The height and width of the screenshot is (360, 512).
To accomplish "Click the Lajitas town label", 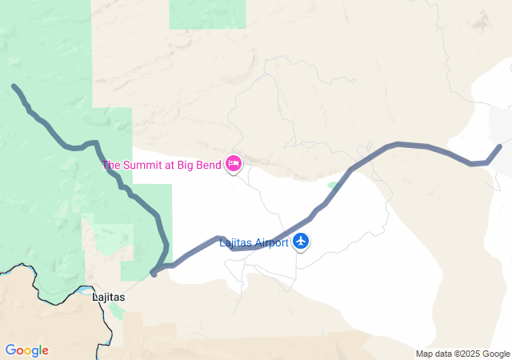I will (109, 296).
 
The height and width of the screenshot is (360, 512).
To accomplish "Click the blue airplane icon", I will (301, 241).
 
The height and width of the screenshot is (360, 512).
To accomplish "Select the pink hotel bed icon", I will (234, 164).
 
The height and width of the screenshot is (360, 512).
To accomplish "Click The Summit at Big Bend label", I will (162, 166).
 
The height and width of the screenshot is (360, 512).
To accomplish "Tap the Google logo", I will (26, 350).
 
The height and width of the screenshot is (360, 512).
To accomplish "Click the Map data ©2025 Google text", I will (462, 354).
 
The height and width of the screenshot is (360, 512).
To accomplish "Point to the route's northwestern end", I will (14, 86).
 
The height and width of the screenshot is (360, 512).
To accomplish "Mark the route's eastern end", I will (500, 146).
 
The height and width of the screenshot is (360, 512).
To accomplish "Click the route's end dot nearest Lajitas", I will (154, 274).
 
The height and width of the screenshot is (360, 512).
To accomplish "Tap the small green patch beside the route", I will (332, 186).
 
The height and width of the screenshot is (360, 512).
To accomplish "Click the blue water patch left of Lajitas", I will (86, 290).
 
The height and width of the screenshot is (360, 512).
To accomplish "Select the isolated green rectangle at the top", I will (207, 14).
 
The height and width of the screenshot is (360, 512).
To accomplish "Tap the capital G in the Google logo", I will (10, 350).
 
